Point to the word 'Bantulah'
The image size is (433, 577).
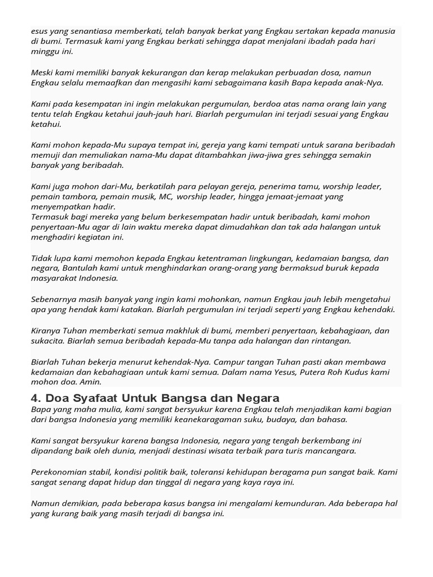(x=81, y=268)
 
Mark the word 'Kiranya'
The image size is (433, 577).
(x=47, y=330)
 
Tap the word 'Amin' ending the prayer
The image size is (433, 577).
(x=91, y=382)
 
